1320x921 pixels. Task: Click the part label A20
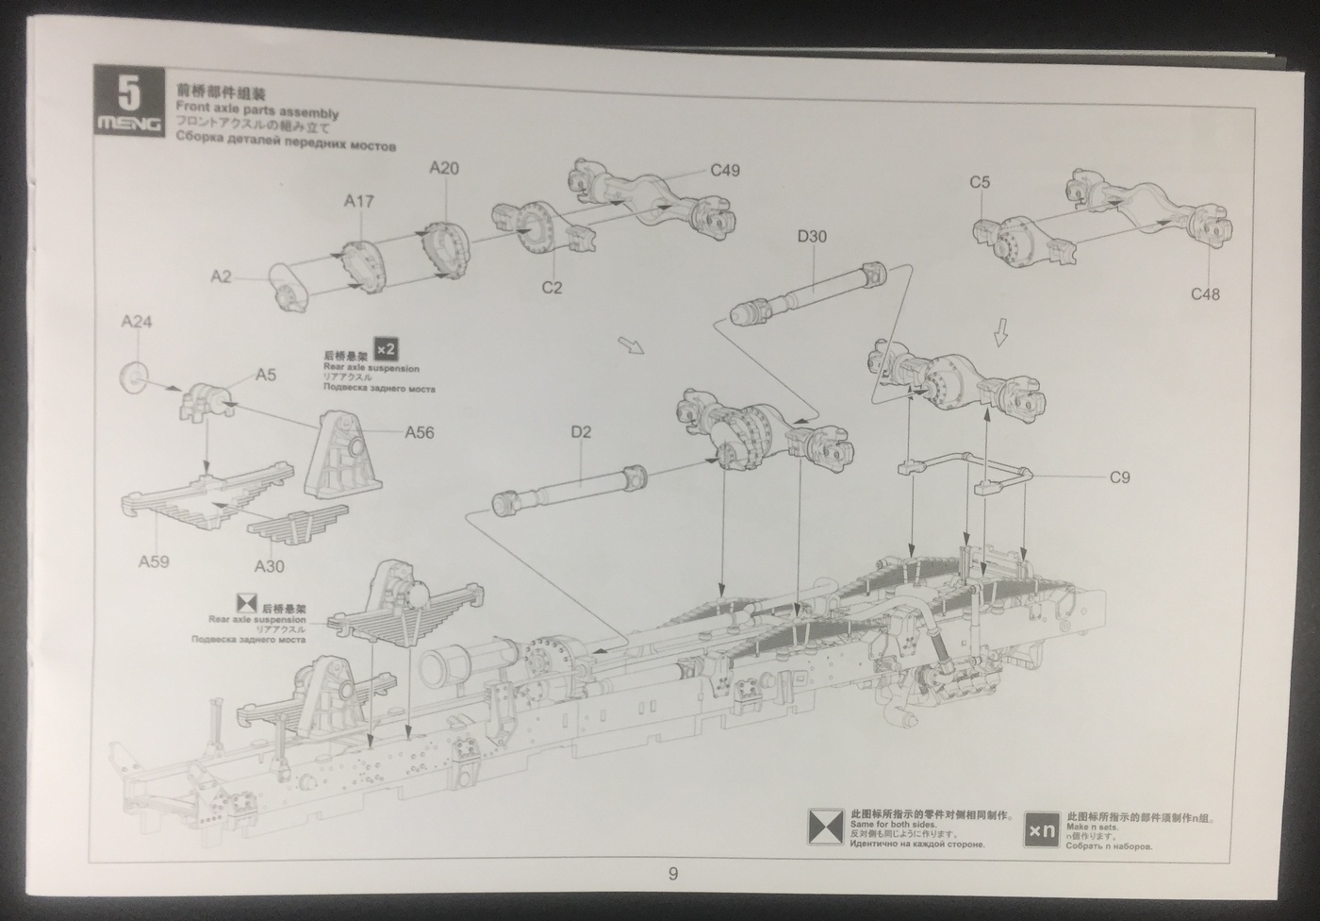[444, 168]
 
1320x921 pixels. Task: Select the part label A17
[358, 201]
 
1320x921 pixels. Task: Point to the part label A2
[221, 276]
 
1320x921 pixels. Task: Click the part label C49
[724, 170]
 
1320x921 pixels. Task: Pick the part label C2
[552, 288]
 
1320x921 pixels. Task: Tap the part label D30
[812, 236]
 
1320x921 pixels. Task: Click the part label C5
[980, 182]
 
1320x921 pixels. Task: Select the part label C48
[1205, 294]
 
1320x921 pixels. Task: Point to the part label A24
[137, 322]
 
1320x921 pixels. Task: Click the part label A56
[420, 433]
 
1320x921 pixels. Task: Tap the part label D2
[581, 432]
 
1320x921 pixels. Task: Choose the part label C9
[1119, 477]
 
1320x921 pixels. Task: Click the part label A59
[154, 562]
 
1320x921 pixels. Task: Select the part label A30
[269, 566]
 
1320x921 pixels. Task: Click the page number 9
[672, 874]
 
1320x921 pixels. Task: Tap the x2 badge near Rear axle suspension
[384, 348]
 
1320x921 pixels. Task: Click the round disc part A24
[135, 377]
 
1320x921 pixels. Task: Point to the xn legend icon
[1042, 829]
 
